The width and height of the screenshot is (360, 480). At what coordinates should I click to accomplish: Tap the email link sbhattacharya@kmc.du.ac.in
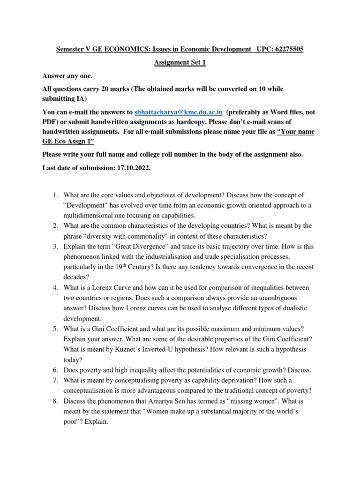[178, 113]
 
